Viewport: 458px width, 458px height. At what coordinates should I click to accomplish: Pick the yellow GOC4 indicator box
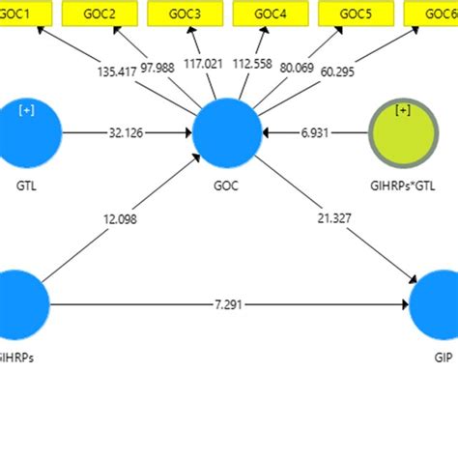270,14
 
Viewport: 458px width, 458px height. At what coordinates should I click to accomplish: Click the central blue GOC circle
227,133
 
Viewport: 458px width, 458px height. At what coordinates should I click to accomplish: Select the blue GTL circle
27,133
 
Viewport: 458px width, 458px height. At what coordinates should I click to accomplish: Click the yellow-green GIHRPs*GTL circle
403,133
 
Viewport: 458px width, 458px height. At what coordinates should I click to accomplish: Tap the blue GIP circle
438,305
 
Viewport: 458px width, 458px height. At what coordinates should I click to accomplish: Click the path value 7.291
228,305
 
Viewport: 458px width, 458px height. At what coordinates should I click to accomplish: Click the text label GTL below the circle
27,183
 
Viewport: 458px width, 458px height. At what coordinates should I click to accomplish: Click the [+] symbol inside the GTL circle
26,110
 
